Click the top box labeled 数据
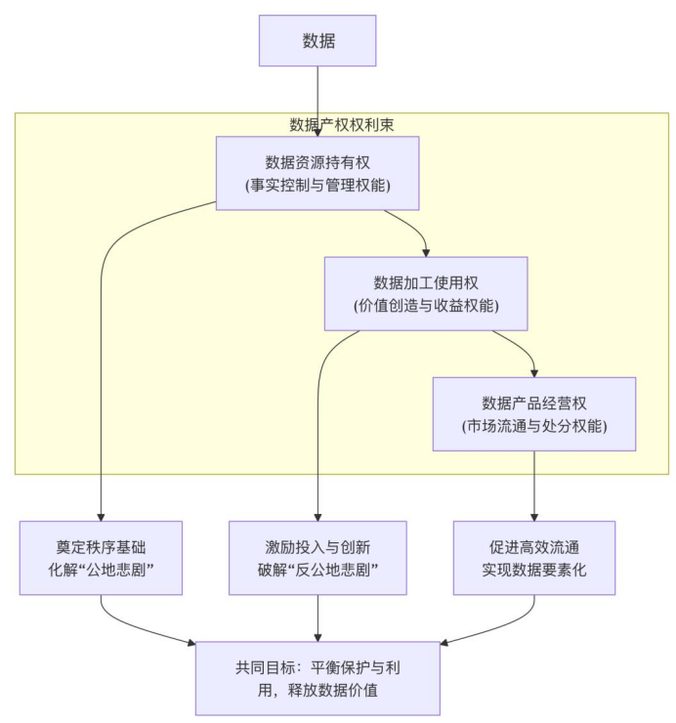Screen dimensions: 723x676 317,40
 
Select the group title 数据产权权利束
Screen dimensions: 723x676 342,124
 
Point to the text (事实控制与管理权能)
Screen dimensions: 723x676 317,185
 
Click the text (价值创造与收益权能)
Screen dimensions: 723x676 425,306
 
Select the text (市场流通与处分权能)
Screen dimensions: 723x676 533,426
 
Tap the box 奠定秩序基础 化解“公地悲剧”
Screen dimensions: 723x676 102,558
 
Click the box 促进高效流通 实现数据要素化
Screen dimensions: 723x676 534,558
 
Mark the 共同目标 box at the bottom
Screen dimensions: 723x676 317,679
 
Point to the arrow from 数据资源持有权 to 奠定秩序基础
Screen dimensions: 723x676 102,391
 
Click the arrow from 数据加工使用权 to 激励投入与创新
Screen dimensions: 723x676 317,440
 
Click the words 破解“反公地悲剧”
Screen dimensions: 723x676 317,570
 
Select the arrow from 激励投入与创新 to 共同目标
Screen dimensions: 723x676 317,617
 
